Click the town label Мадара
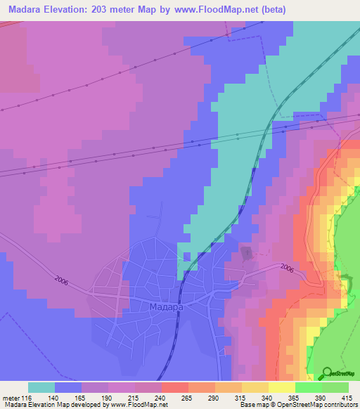pos(166,307)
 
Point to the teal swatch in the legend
pos(41,387)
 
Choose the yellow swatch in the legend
pos(281,387)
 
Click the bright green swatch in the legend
pos(308,387)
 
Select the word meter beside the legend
pos(11,397)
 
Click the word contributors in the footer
pos(340,405)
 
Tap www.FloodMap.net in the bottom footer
pos(143,405)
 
